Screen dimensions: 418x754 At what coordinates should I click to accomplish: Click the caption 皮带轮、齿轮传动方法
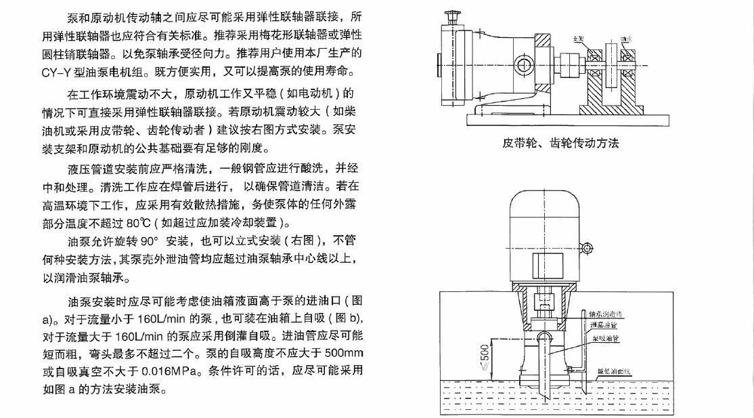pos(560,143)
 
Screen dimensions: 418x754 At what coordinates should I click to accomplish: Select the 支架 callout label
pos(578,39)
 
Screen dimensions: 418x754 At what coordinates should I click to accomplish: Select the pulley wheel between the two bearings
pos(612,66)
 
